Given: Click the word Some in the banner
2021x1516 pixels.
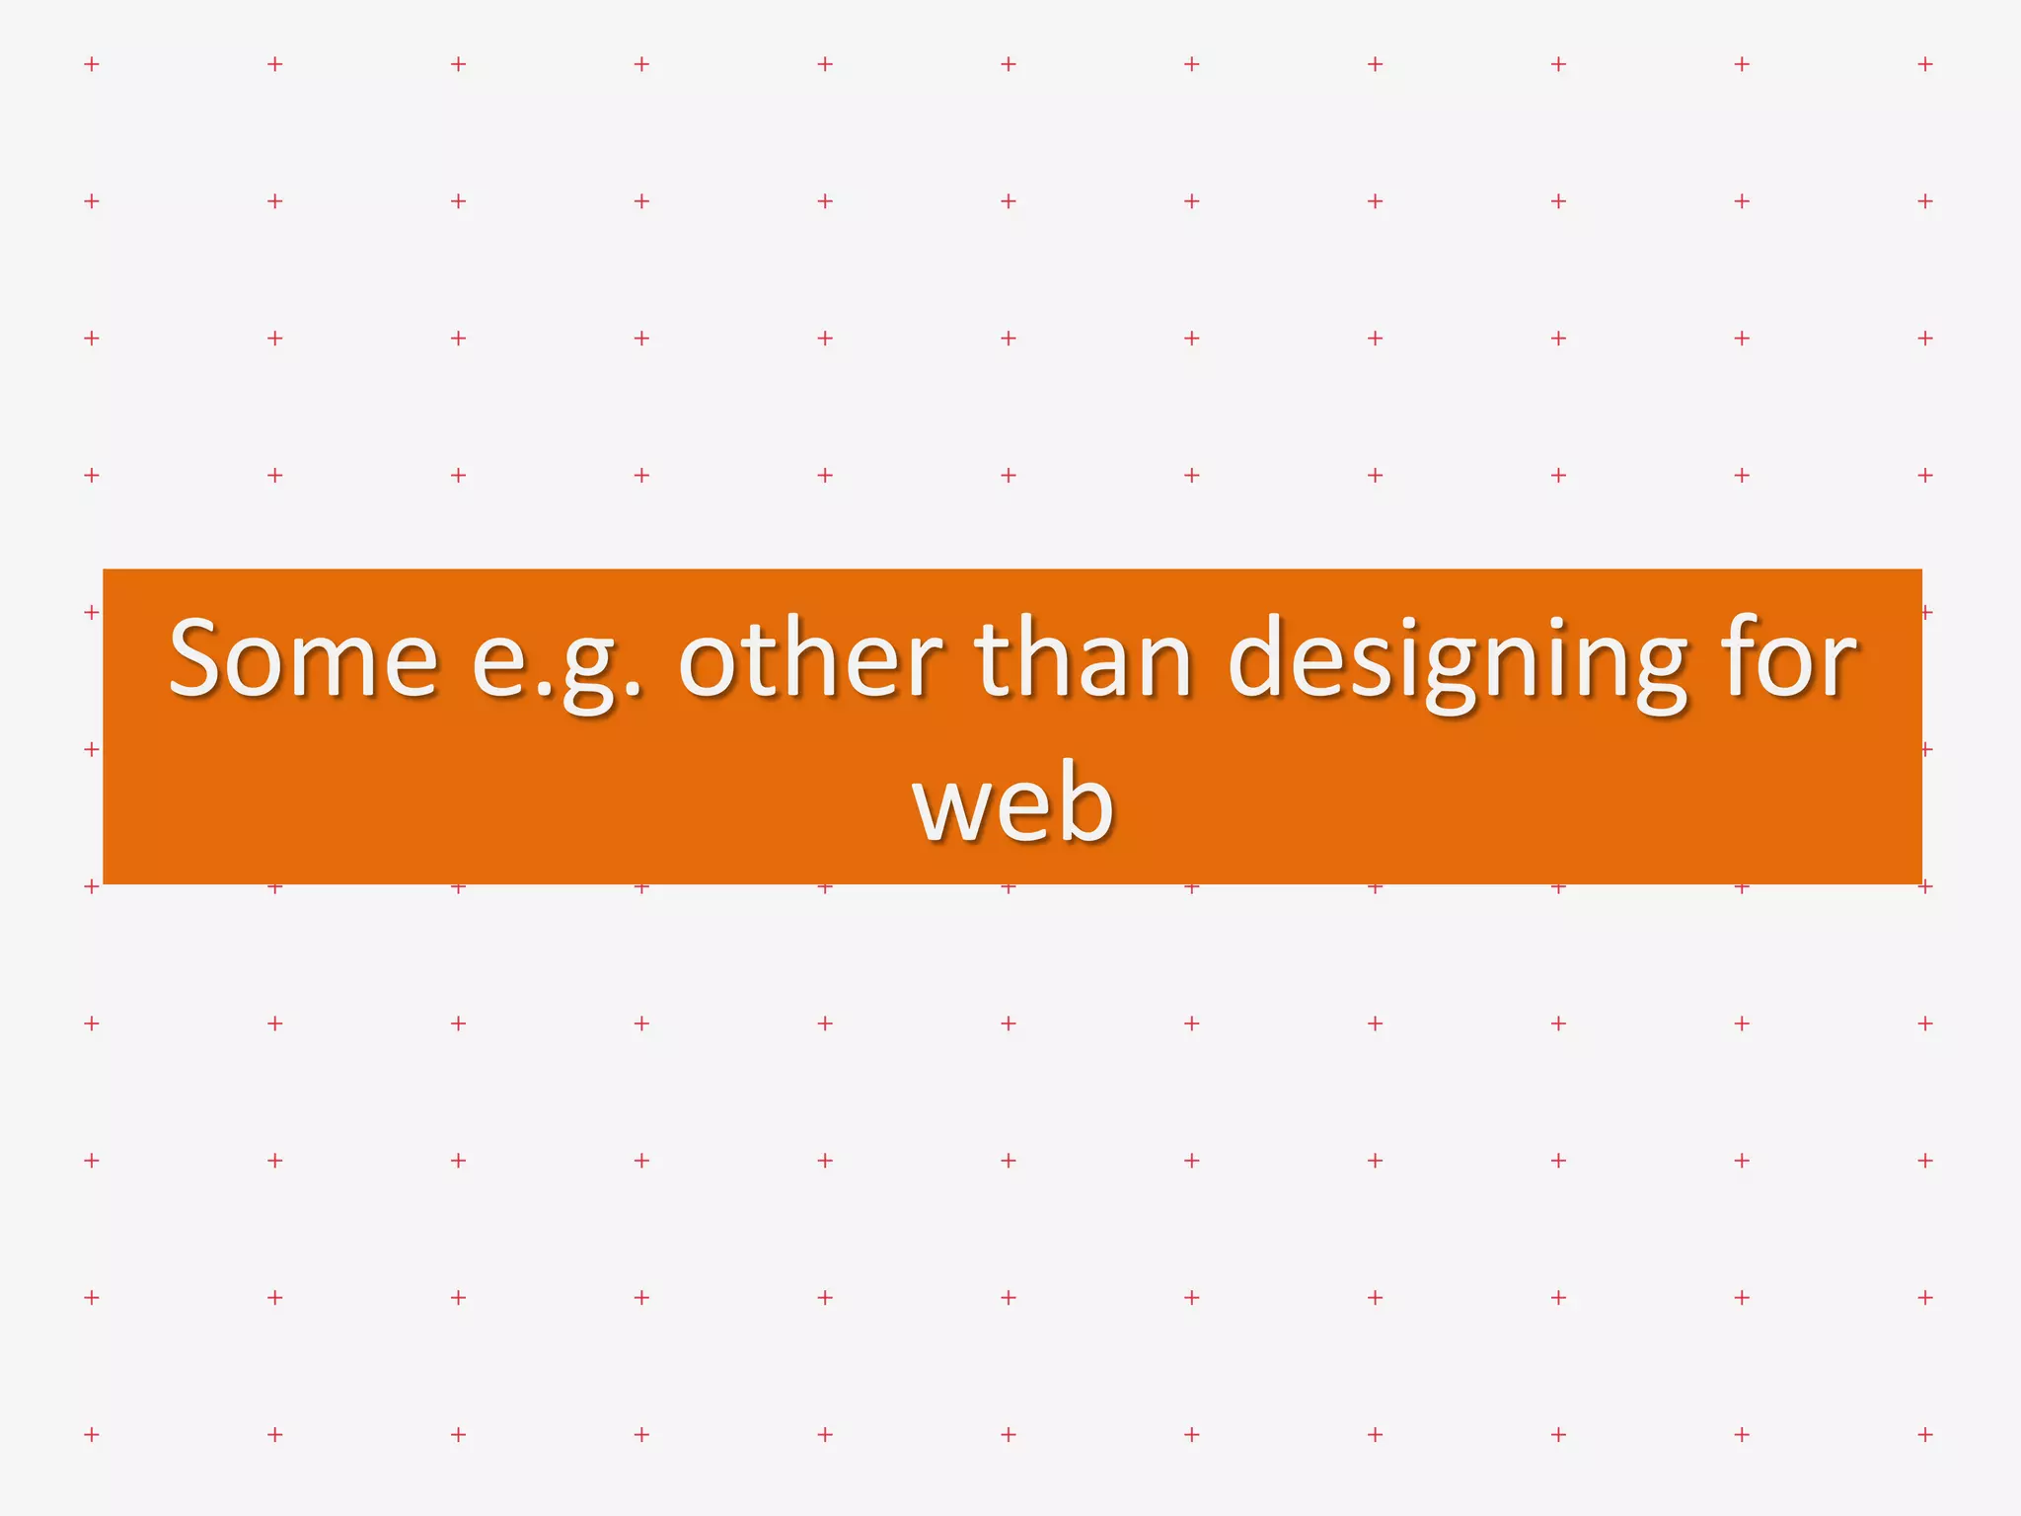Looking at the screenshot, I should click(x=303, y=657).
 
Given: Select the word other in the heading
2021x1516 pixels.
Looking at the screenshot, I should click(x=809, y=655).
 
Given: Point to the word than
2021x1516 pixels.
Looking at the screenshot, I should click(x=1084, y=655).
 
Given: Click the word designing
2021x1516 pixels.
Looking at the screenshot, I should click(x=1458, y=661).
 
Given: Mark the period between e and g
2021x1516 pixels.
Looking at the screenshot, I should click(x=541, y=691).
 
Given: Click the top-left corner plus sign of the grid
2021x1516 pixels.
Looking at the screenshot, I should click(x=92, y=64).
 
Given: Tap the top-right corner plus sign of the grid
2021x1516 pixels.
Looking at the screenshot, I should click(x=1925, y=64).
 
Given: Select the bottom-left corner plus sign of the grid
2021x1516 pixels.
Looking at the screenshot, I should click(x=92, y=1434).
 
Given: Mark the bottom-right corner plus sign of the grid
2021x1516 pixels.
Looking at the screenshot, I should click(x=1925, y=1434).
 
